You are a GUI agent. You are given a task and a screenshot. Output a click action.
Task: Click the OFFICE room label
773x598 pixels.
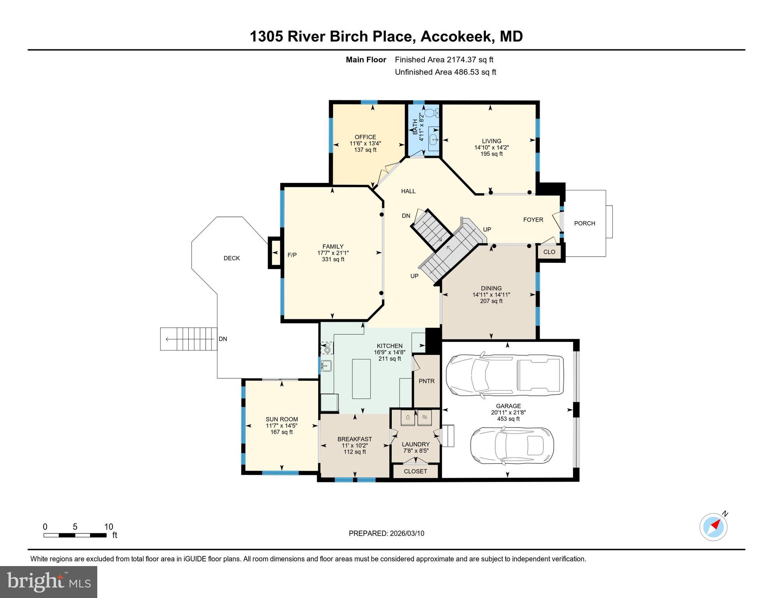365,137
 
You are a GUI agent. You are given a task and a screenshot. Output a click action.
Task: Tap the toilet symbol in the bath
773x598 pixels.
431,113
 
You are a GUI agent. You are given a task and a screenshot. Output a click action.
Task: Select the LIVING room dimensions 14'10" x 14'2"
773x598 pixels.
491,148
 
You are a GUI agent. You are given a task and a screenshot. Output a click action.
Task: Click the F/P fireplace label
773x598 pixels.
292,255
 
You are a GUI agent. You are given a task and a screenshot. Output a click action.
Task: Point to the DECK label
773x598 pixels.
231,258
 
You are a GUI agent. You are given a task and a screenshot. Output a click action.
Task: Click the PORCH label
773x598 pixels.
584,223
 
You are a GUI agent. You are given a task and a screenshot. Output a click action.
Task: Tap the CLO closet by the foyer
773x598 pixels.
549,252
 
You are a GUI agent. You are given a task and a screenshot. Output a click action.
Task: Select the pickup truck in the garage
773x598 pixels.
505,375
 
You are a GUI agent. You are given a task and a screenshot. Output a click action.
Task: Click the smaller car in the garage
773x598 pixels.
512,446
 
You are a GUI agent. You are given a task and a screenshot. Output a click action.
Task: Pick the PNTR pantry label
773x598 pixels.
426,381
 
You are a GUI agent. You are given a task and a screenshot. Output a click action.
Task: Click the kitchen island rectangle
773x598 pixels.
361,379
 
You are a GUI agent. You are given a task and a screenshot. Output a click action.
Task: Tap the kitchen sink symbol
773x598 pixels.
326,366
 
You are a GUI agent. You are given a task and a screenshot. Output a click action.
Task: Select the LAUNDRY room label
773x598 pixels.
415,444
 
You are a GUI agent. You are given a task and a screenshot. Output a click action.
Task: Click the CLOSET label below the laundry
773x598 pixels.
415,471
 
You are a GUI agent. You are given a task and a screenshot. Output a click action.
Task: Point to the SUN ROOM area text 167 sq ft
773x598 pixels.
281,432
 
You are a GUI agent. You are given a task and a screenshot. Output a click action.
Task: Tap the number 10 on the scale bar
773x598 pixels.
109,527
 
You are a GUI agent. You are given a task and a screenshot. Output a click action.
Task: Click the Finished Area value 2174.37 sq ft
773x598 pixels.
470,60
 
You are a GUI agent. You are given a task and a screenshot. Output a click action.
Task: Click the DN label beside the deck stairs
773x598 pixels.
223,339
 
